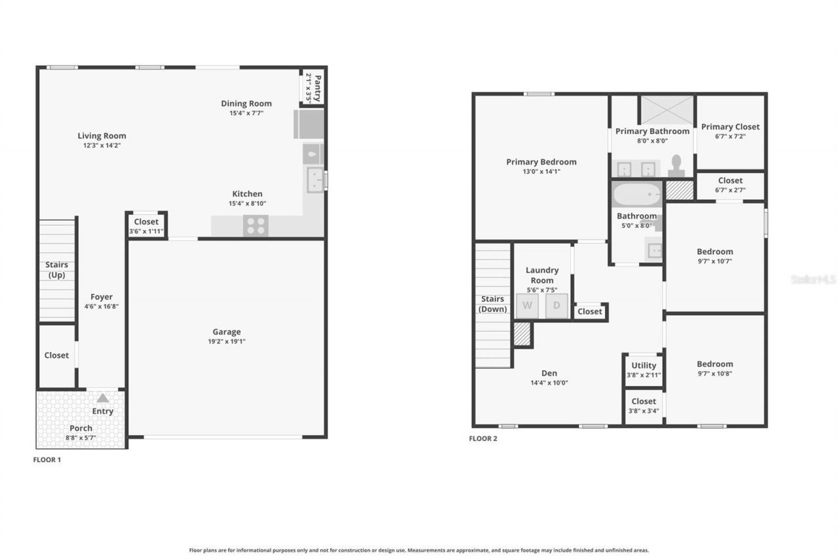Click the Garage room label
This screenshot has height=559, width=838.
227,332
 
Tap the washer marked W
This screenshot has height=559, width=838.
527,306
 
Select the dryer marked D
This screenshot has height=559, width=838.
556,306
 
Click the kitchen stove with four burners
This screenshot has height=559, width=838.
255,225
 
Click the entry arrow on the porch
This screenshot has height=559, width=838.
103,398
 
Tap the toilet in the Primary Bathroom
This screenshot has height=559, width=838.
676,166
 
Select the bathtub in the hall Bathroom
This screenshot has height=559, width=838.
637,195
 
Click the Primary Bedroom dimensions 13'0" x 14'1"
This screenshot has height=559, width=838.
541,172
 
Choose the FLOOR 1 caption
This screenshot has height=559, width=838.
47,460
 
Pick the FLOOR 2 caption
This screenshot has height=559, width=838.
483,439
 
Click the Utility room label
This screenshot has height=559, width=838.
644,366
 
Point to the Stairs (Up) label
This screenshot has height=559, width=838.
56,270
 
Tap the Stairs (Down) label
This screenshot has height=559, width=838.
492,304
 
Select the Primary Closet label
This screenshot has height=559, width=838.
730,126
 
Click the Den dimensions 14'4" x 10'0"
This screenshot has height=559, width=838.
549,383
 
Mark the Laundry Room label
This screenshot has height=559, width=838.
542,275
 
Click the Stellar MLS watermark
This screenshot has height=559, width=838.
813,279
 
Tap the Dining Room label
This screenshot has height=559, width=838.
246,104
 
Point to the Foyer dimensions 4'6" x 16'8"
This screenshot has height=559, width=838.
101,306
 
